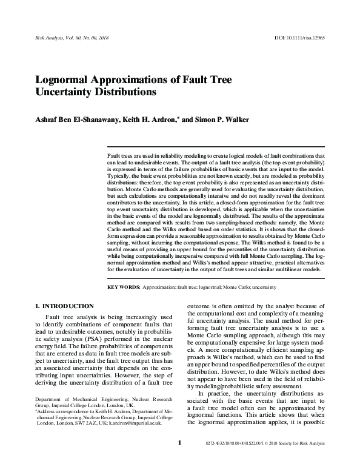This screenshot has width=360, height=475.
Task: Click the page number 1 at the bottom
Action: (x=180, y=460)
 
